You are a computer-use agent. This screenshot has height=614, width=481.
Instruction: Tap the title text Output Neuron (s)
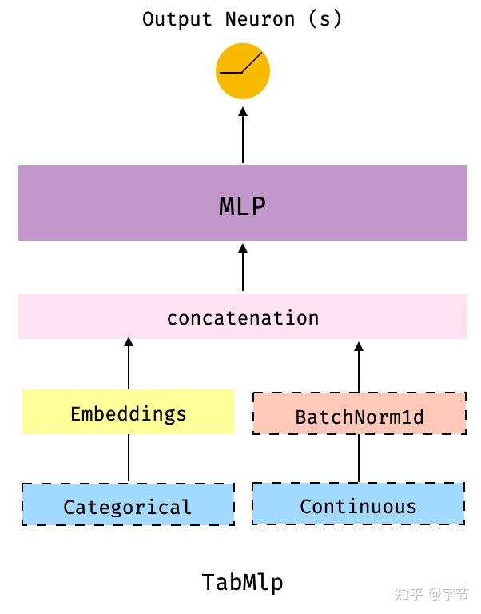point(242,19)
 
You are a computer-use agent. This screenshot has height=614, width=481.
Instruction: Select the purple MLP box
point(120,203)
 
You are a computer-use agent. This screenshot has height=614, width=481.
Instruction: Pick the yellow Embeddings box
point(128,413)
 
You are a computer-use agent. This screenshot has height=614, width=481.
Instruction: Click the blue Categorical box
point(128,505)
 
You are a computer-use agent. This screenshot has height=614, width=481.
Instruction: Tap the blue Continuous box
point(358,504)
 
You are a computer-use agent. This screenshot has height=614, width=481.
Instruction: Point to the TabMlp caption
point(242,582)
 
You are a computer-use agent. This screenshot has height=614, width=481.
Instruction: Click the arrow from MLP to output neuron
point(243,136)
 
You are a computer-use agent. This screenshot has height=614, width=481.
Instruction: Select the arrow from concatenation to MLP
point(243,268)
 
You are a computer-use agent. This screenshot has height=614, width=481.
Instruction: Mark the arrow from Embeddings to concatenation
point(129,364)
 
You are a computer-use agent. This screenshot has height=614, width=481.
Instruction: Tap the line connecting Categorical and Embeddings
point(129,459)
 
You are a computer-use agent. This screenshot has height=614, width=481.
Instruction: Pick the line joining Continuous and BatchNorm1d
point(359,459)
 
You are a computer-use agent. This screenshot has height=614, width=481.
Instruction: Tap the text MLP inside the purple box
point(242,206)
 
